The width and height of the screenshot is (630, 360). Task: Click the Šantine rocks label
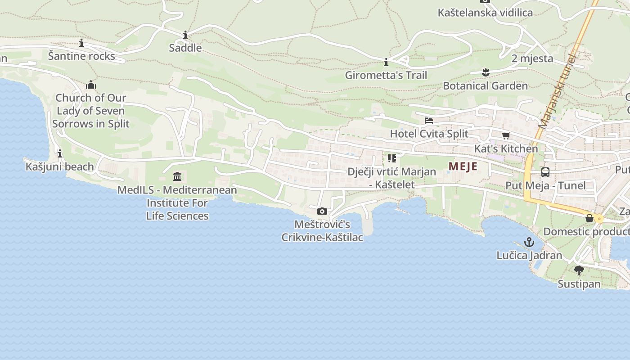tap(81, 56)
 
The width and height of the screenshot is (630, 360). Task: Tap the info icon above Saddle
tap(185, 35)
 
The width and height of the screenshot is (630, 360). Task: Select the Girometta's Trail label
tap(386, 75)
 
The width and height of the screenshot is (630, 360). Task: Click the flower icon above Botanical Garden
tap(485, 72)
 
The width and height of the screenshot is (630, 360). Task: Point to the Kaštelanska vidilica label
tap(485, 13)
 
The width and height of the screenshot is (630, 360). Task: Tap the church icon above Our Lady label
tap(91, 85)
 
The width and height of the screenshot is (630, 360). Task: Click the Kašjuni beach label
tap(60, 166)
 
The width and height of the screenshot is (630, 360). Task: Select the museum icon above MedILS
tap(177, 176)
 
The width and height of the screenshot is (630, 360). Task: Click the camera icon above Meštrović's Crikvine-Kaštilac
tap(322, 211)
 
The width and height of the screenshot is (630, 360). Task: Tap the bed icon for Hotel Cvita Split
tap(429, 121)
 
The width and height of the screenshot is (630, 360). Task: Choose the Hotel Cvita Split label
tap(429, 134)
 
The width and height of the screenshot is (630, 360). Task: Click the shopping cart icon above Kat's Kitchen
tap(506, 135)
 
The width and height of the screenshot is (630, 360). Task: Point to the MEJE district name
tap(463, 166)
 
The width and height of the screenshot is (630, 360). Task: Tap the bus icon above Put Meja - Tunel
tap(545, 172)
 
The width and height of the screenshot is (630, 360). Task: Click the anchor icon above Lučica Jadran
tap(529, 242)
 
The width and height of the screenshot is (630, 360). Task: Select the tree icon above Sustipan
tap(579, 270)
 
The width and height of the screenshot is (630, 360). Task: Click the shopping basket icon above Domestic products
tap(589, 218)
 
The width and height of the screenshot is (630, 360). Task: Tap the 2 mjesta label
tap(532, 58)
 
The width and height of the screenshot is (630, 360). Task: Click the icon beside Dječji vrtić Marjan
tap(391, 158)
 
